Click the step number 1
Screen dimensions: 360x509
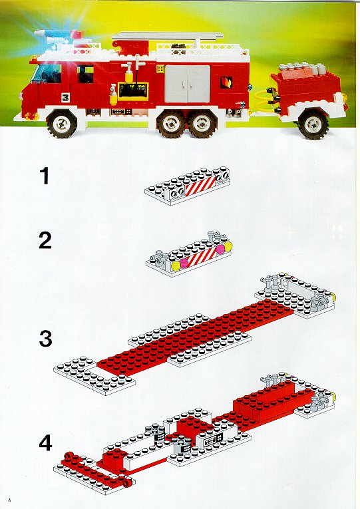pyautogui.click(x=45, y=175)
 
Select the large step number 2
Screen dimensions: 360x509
pyautogui.click(x=45, y=241)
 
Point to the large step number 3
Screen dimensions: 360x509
pyautogui.click(x=45, y=339)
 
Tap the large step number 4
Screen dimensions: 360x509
pyautogui.click(x=45, y=442)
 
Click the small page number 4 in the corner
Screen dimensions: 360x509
pyautogui.click(x=10, y=500)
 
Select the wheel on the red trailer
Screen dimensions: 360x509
pyautogui.click(x=313, y=124)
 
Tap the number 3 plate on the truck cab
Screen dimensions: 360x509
pyautogui.click(x=65, y=97)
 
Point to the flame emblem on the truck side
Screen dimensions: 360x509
pyautogui.click(x=226, y=82)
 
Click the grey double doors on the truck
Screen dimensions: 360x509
pyautogui.click(x=187, y=84)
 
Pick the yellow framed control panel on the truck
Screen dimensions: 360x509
pyautogui.click(x=133, y=91)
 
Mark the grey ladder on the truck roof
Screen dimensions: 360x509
pyautogui.click(x=168, y=35)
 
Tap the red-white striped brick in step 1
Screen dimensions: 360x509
pyautogui.click(x=200, y=186)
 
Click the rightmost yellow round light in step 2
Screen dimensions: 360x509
pyautogui.click(x=228, y=246)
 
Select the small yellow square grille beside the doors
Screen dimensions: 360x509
pyautogui.click(x=160, y=69)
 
